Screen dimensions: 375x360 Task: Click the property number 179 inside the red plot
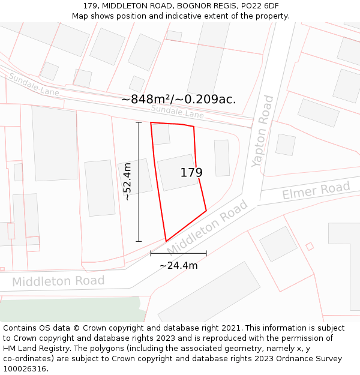pyautogui.click(x=191, y=173)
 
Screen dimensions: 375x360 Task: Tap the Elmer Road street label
pyautogui.click(x=316, y=191)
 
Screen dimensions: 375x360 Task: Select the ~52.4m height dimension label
pyautogui.click(x=127, y=181)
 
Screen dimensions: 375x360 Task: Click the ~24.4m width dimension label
pyautogui.click(x=178, y=265)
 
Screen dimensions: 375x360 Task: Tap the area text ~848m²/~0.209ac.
pyautogui.click(x=178, y=100)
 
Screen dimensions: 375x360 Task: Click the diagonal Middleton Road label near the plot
pyautogui.click(x=207, y=227)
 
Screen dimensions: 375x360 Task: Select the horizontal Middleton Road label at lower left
pyautogui.click(x=58, y=281)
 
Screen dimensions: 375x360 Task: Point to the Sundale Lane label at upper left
pyautogui.click(x=34, y=84)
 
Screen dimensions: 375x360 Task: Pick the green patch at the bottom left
pyautogui.click(x=72, y=308)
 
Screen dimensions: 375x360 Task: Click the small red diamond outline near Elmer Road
pyautogui.click(x=310, y=246)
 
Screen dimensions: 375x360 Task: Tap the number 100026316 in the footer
pyautogui.click(x=25, y=368)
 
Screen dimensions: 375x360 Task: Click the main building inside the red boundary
pyautogui.click(x=178, y=172)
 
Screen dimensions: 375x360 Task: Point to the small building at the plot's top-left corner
pyautogui.click(x=161, y=134)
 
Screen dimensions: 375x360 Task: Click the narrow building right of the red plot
pyautogui.click(x=222, y=158)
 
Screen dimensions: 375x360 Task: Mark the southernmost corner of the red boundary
pyautogui.click(x=166, y=241)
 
